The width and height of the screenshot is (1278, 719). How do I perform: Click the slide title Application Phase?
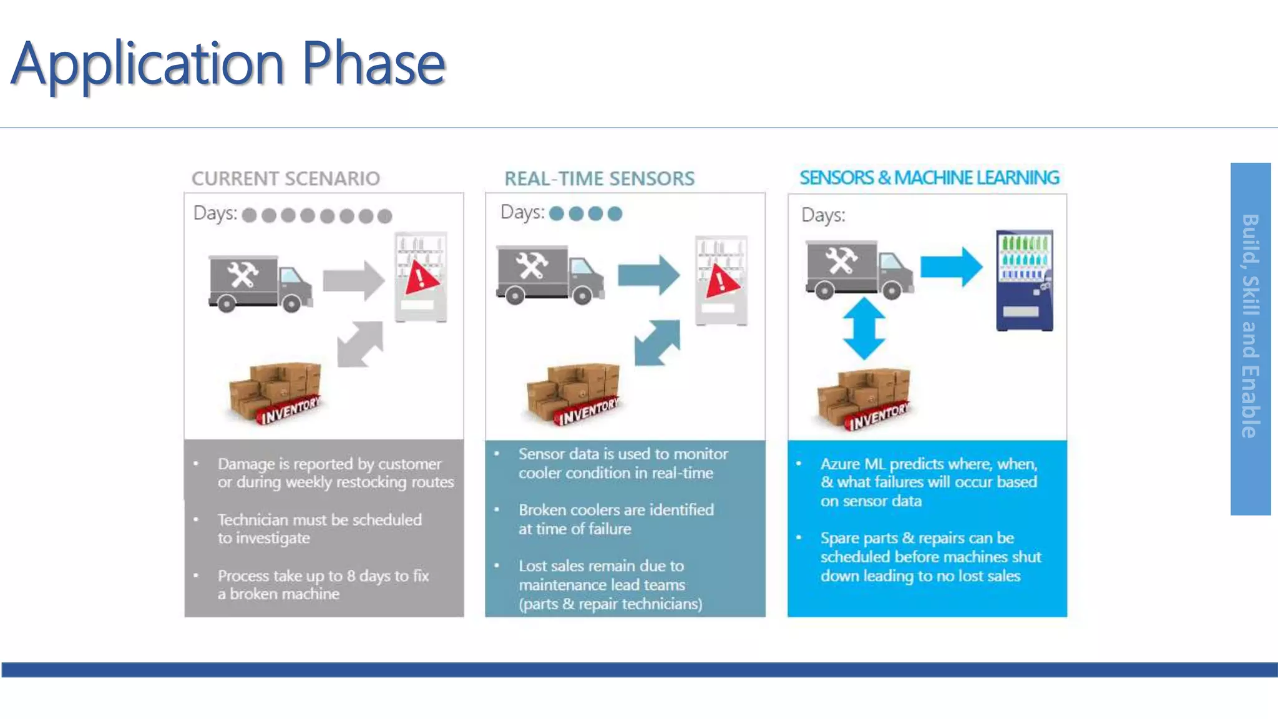(228, 64)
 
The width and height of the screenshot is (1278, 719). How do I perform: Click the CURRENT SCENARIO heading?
(286, 179)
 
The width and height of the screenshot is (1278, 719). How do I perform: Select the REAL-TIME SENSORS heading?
(599, 179)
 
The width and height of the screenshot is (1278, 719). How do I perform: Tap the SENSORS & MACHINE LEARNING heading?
(929, 178)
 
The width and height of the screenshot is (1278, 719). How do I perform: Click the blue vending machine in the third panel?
(1024, 280)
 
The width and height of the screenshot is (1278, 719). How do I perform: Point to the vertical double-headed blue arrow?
(864, 329)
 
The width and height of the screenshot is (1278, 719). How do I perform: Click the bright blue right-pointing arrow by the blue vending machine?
(952, 267)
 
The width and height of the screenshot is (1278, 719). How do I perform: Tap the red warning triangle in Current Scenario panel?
(421, 278)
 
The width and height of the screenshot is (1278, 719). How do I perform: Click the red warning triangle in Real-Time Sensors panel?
(722, 282)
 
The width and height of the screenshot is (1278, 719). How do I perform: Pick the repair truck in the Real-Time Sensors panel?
(549, 275)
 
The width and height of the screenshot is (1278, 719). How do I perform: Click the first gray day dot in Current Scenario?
(249, 215)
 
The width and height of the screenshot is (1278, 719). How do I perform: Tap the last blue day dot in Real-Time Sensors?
(615, 213)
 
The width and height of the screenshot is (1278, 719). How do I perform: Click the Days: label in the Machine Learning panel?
(823, 215)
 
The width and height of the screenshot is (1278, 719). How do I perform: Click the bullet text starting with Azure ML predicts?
(929, 482)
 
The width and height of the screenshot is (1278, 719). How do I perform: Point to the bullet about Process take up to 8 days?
(323, 584)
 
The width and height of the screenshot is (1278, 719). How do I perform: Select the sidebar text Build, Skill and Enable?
(1250, 326)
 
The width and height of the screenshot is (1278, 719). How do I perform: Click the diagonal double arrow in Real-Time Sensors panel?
(657, 343)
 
